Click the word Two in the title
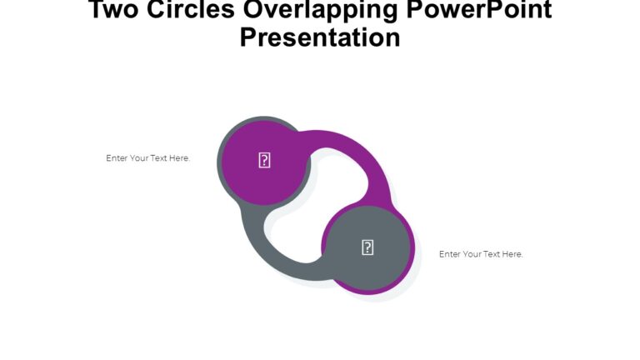[x=114, y=11]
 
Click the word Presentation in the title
[x=320, y=37]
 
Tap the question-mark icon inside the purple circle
[x=264, y=161]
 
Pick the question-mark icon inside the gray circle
[x=367, y=247]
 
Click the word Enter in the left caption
[x=117, y=158]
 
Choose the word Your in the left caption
[x=139, y=158]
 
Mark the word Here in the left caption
[x=180, y=158]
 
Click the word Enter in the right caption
[x=450, y=254]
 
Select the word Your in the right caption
[x=472, y=254]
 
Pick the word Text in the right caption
[x=492, y=254]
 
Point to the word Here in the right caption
[x=513, y=254]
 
